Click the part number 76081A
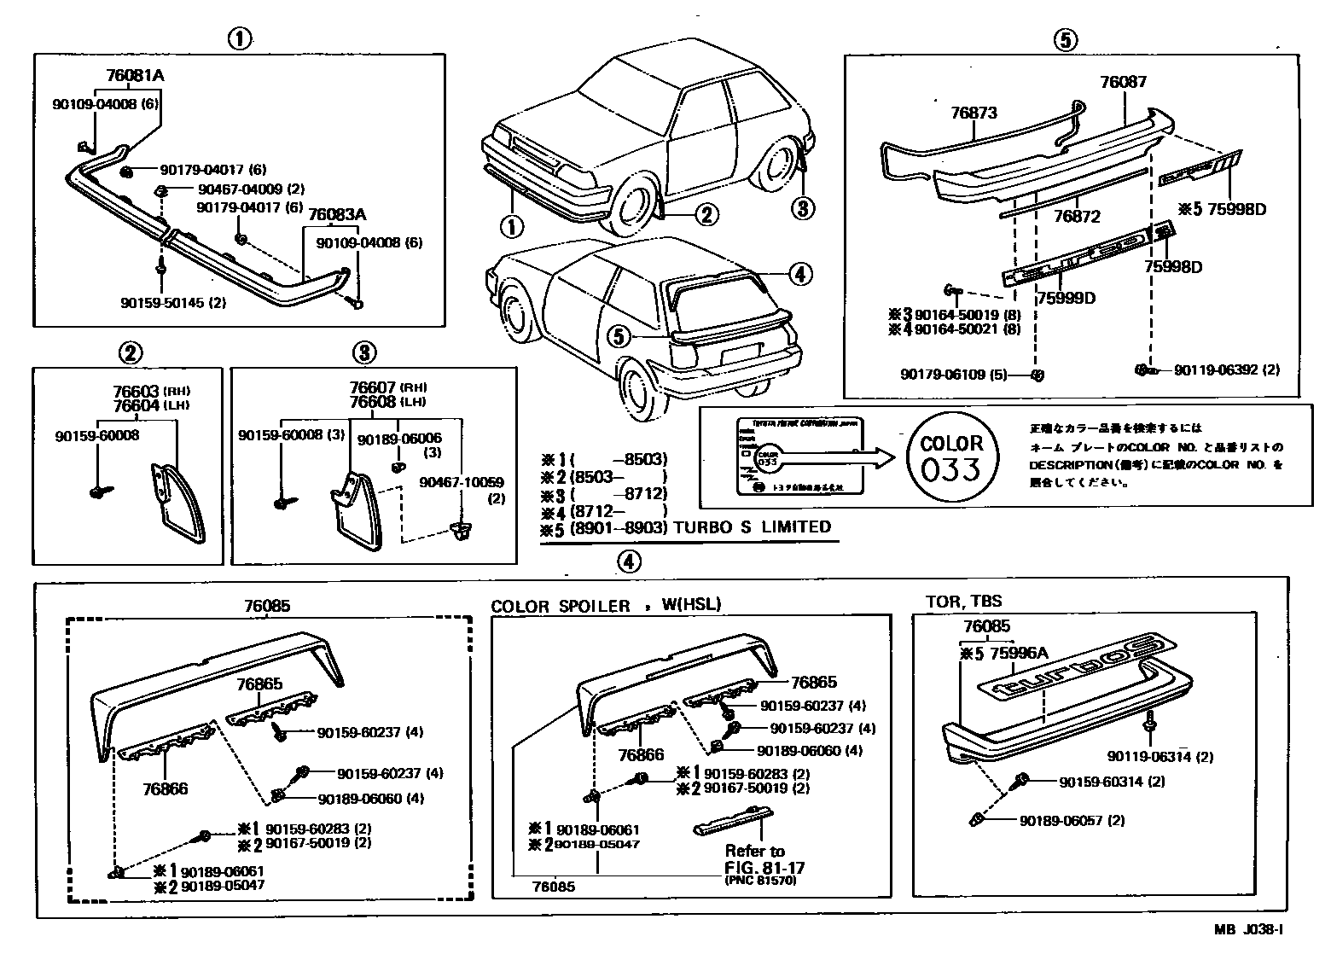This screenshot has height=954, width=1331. tap(135, 75)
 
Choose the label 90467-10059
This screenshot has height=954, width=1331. tap(461, 483)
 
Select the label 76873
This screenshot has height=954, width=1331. tap(974, 113)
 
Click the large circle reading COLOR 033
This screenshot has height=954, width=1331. tap(951, 457)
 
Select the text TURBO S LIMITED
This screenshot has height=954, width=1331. tap(752, 527)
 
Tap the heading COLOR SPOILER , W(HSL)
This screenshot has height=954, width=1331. tap(606, 606)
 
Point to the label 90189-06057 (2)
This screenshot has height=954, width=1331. tap(1072, 821)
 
